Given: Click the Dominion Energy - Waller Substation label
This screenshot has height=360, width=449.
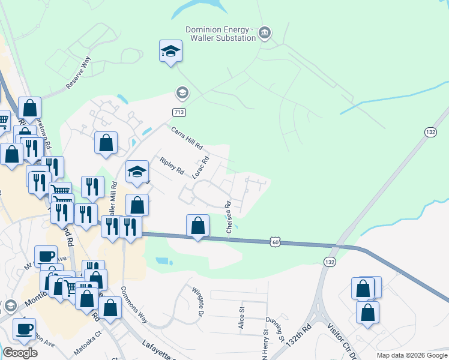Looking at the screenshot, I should pyautogui.click(x=220, y=34).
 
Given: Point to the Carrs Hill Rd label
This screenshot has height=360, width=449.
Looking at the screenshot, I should pyautogui.click(x=187, y=138).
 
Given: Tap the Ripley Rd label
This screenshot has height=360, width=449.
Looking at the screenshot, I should pyautogui.click(x=172, y=166).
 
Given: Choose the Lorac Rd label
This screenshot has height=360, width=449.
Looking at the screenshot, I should pyautogui.click(x=200, y=168).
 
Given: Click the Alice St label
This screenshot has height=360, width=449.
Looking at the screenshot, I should pyautogui.click(x=242, y=318).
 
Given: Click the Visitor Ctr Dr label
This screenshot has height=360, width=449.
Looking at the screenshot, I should pyautogui.click(x=339, y=340).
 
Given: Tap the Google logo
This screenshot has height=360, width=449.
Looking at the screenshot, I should pyautogui.click(x=20, y=353).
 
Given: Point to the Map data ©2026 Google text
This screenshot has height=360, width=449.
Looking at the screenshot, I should pyautogui.click(x=411, y=355).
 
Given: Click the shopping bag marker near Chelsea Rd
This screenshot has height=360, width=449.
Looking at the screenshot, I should pyautogui.click(x=198, y=227).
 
